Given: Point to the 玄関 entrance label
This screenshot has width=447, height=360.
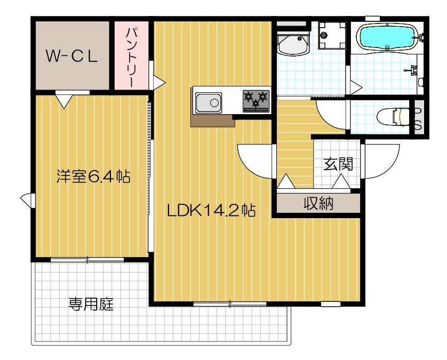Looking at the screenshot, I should (338, 164).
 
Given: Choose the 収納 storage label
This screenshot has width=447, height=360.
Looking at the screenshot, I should (318, 203).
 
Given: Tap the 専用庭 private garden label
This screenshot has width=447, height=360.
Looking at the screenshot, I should (91, 305).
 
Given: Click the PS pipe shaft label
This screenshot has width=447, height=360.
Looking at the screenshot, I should (419, 119).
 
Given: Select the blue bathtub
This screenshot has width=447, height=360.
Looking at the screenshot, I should (387, 37).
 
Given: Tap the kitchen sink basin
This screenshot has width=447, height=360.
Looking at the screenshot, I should (209, 102).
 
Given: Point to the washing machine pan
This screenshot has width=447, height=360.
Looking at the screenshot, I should (327, 35).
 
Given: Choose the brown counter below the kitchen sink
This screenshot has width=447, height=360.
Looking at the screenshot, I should (213, 121).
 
